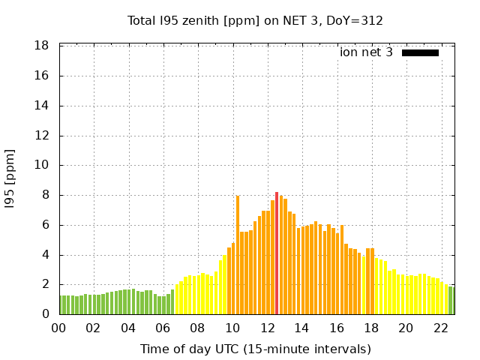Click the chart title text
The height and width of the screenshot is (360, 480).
pyautogui.click(x=255, y=20)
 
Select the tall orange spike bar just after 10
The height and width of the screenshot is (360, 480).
pyautogui.click(x=238, y=255)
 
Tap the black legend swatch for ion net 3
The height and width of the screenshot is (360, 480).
pyautogui.click(x=420, y=52)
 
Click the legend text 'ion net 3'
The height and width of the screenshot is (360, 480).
pyautogui.click(x=366, y=52)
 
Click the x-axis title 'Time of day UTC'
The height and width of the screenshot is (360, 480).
pyautogui.click(x=255, y=349)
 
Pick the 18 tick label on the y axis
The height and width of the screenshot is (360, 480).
pyautogui.click(x=42, y=46)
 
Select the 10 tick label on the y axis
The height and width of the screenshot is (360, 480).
pyautogui.click(x=42, y=165)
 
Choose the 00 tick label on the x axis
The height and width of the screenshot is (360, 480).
pyautogui.click(x=59, y=328)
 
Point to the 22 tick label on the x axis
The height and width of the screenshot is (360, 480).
pyautogui.click(x=441, y=328)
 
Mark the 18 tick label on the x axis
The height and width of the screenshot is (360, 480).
pyautogui.click(x=371, y=328)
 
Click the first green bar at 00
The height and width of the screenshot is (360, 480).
pyautogui.click(x=61, y=304)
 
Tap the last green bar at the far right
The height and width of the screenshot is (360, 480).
pyautogui.click(x=451, y=301)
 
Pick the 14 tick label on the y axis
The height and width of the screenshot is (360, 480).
pyautogui.click(x=42, y=106)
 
